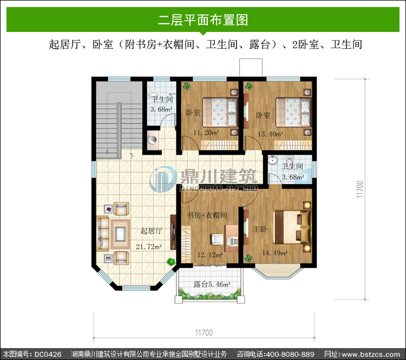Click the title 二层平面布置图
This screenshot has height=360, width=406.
click(203, 19)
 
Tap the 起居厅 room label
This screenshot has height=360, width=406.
click(152, 231)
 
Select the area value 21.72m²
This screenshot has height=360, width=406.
click(149, 246)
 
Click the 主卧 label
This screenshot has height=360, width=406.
click(260, 229)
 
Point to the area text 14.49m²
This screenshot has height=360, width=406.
click(275, 253)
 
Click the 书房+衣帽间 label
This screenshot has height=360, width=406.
click(207, 215)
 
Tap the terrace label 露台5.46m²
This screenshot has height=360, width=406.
click(212, 284)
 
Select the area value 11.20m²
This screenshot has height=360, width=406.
click(206, 133)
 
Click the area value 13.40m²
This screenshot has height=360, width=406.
click(270, 134)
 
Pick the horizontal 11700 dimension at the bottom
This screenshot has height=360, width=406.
click(204, 332)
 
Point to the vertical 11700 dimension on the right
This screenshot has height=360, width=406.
click(360, 189)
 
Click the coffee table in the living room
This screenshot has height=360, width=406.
click(120, 234)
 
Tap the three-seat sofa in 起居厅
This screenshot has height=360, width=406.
click(103, 234)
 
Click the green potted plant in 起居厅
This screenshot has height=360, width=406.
click(171, 261)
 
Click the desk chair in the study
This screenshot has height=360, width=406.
click(217, 239)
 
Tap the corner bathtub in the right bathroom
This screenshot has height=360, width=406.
click(304, 176)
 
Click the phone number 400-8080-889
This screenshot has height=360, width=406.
click(290, 354)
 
